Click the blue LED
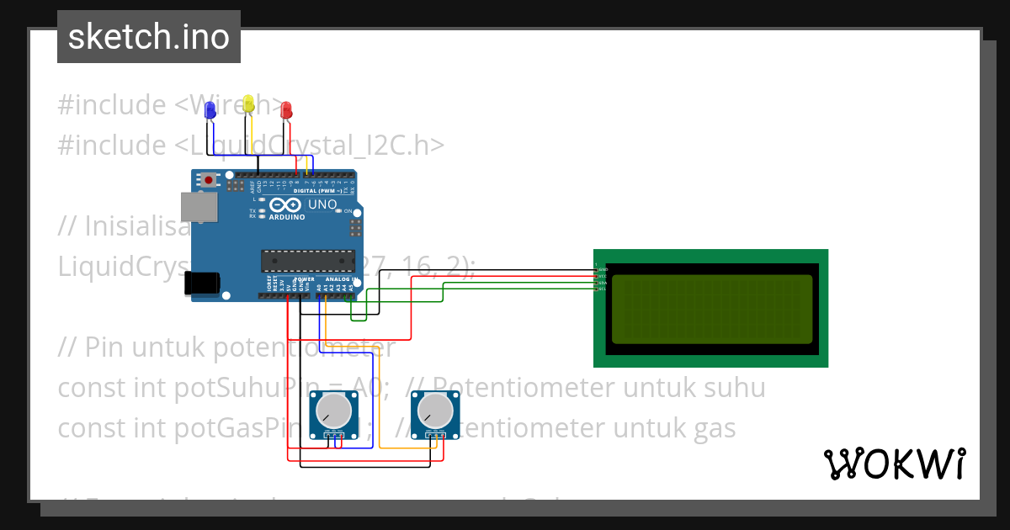(210, 109)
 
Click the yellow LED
(248, 104)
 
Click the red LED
(286, 109)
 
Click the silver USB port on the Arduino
(199, 208)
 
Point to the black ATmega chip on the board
(307, 262)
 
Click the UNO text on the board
(322, 204)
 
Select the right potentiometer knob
(435, 411)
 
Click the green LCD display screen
(711, 309)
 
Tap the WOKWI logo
(894, 464)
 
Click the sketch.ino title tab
(149, 37)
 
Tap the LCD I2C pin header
(597, 278)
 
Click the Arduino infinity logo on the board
(285, 204)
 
